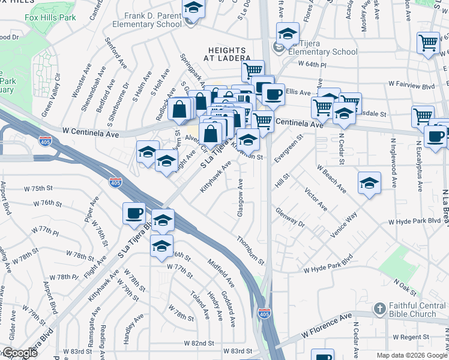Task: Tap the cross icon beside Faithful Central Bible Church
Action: (379, 309)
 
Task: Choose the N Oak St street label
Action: (405, 286)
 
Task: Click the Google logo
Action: (19, 353)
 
